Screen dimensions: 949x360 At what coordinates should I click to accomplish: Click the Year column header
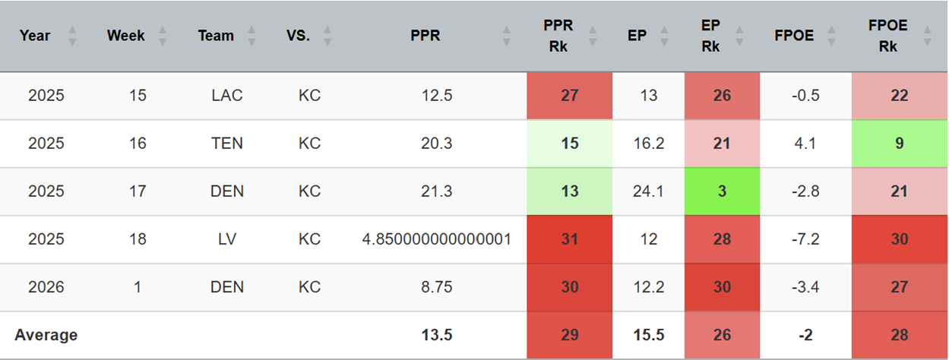(x=35, y=36)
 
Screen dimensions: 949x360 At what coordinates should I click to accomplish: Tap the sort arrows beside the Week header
(x=163, y=36)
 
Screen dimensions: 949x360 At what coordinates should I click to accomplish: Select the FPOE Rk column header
(x=887, y=36)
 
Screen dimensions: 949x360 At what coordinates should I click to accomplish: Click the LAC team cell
(x=226, y=95)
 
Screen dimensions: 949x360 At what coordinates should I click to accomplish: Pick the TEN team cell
(x=226, y=143)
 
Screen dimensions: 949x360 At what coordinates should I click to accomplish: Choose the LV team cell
(x=226, y=239)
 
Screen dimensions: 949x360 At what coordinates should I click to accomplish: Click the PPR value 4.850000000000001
(x=436, y=239)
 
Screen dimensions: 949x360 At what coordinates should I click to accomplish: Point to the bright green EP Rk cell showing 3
(x=722, y=191)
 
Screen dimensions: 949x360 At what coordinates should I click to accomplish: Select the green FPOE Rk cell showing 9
(x=900, y=143)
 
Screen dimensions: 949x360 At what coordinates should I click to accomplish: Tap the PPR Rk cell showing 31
(x=569, y=239)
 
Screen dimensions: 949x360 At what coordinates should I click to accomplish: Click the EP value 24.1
(x=648, y=191)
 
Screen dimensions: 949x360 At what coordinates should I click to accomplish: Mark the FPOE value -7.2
(x=805, y=239)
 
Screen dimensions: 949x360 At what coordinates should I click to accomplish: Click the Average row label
(x=46, y=335)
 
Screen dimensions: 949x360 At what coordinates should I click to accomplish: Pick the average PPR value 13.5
(x=436, y=335)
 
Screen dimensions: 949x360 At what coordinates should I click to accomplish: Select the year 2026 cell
(x=46, y=287)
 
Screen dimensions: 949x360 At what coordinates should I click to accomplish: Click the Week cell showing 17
(x=138, y=191)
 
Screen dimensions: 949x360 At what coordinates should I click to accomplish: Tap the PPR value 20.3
(x=436, y=143)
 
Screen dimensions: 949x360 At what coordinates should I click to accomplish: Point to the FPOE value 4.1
(x=805, y=143)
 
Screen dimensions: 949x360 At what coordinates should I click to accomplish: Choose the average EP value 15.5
(x=648, y=335)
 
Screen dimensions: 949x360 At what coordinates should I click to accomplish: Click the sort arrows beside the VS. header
(x=327, y=36)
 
